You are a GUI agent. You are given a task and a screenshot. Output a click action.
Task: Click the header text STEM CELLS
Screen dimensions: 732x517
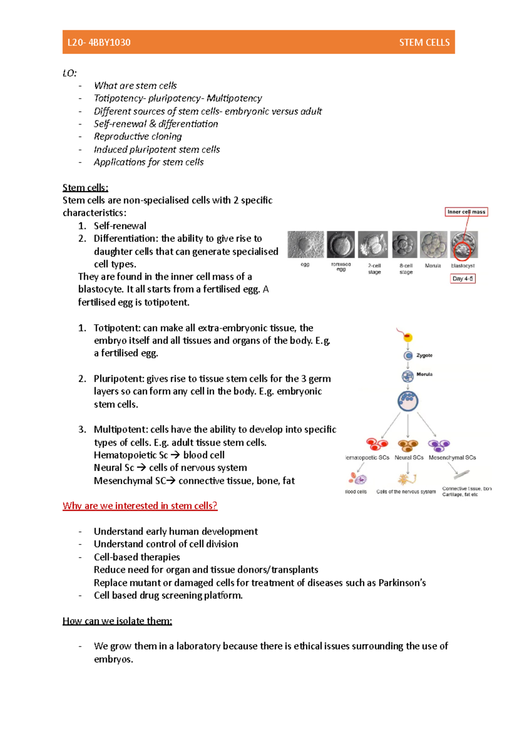[x=424, y=42]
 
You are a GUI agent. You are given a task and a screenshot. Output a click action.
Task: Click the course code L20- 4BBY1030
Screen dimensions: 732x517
[x=99, y=42]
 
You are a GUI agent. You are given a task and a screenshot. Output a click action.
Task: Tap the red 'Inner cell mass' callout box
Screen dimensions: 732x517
[x=466, y=212]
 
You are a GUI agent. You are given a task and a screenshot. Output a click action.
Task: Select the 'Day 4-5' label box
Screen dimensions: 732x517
[x=462, y=278]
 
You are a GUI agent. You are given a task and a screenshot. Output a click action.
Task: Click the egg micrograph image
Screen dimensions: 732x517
[x=305, y=245]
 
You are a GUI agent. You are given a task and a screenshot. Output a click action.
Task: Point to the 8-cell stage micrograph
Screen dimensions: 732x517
[x=405, y=245]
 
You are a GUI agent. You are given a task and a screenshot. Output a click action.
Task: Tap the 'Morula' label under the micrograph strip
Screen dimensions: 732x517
[x=433, y=266]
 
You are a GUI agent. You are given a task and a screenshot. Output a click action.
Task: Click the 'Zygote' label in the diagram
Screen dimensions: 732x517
[x=424, y=355]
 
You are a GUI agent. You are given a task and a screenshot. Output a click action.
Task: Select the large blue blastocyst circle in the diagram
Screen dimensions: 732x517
[x=408, y=401]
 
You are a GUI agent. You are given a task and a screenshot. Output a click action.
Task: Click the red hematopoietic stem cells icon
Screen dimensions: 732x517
[x=377, y=444]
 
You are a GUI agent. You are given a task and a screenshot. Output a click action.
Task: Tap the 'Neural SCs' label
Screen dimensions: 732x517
[x=409, y=457]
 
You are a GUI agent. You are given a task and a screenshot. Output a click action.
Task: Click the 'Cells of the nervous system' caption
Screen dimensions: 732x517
[x=406, y=491]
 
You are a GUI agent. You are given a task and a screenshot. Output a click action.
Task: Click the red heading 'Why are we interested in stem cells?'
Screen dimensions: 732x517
[x=140, y=506]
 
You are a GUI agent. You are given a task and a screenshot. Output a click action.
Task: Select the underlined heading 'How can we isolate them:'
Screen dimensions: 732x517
[x=117, y=621]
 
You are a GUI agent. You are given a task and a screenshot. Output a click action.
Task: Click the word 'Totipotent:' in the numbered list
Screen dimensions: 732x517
[x=117, y=328]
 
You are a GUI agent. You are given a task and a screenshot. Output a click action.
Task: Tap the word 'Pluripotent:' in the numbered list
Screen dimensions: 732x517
[x=119, y=379]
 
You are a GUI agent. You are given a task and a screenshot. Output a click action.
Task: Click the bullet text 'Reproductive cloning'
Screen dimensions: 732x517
[x=138, y=136]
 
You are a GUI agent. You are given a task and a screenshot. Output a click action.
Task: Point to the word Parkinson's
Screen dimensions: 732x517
[x=402, y=583]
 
